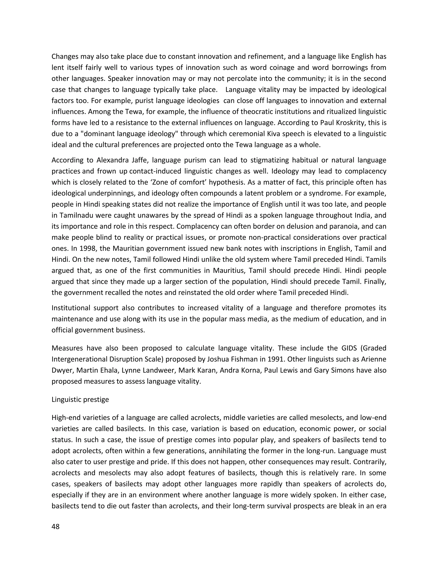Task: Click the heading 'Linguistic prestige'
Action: [x=80, y=399]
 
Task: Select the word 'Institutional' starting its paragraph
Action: [x=70, y=308]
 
